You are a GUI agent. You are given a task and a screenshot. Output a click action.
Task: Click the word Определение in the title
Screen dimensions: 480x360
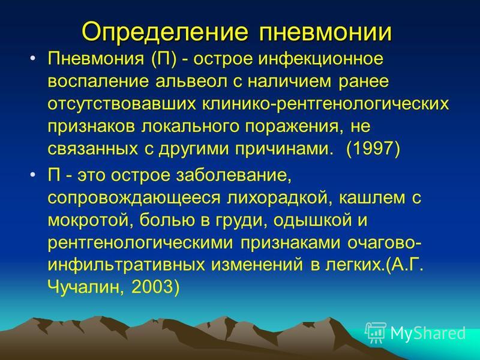coord(164,32)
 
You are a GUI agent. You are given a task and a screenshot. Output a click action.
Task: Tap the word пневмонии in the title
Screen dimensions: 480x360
coord(325,32)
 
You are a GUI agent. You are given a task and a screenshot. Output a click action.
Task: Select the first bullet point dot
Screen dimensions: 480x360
coord(33,58)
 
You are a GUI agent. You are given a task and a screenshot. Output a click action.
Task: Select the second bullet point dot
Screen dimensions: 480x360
coord(33,175)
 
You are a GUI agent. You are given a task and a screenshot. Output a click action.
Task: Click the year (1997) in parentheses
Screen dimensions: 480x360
coord(373,149)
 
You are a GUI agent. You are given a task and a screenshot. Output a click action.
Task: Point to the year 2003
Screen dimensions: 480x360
coord(152,287)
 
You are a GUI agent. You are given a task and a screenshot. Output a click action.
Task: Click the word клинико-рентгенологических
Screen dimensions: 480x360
coord(325,104)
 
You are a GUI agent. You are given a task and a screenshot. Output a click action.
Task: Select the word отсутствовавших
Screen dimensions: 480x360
coord(122,104)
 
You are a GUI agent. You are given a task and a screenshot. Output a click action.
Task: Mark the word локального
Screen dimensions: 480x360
coord(190,127)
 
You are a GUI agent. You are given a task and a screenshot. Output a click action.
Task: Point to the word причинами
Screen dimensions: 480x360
coord(284,149)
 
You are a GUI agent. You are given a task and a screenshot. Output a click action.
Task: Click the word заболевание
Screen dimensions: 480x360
coord(233,176)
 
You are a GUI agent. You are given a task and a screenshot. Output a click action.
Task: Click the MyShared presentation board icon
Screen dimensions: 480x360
coord(376,333)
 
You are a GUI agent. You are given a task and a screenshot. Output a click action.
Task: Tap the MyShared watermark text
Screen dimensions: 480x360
coord(428,333)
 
